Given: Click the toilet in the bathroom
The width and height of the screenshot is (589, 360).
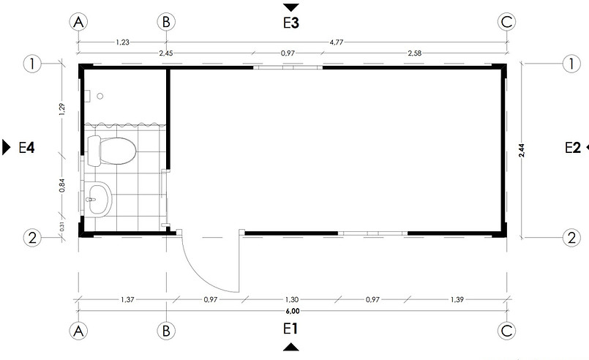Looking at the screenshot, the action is [x=111, y=151].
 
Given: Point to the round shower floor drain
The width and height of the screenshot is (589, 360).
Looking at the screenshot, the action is [x=100, y=96].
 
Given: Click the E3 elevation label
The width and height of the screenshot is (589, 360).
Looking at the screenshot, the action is [x=291, y=23].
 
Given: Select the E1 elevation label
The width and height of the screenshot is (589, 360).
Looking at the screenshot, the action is [x=290, y=329].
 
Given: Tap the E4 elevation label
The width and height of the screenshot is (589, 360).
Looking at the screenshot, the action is [x=26, y=148].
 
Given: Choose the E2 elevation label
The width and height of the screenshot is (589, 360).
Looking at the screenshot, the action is [x=573, y=148].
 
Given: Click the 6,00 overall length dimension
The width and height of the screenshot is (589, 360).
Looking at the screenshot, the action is [x=293, y=311].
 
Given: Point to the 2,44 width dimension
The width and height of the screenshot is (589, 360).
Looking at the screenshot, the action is [x=521, y=150].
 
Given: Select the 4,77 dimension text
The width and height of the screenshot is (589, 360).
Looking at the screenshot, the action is [x=337, y=42].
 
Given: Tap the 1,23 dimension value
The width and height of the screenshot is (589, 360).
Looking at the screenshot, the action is [x=122, y=42].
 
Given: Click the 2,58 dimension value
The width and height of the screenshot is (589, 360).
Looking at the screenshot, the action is [x=415, y=53].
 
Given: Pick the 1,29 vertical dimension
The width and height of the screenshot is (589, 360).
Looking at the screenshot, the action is [x=62, y=108].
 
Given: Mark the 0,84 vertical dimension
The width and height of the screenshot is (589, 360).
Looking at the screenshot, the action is [x=62, y=185].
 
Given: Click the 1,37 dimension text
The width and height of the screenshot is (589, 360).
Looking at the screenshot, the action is [x=127, y=299].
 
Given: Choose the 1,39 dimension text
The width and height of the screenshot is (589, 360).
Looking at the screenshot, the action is [x=457, y=299].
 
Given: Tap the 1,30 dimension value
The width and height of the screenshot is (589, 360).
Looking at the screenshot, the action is [x=292, y=299].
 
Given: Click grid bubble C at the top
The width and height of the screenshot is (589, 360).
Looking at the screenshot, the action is [x=506, y=22].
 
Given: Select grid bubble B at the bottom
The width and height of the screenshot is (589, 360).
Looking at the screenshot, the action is [x=166, y=331].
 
